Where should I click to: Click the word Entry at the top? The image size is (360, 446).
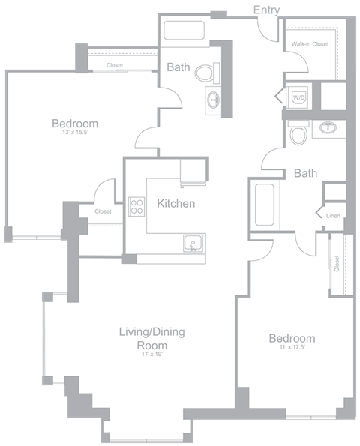tap(267, 10)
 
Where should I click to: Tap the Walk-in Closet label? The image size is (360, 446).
tap(310, 44)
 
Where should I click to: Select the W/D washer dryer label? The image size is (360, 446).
tap(298, 97)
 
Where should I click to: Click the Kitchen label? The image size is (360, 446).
tap(176, 203)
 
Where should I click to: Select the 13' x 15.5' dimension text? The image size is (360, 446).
tap(74, 133)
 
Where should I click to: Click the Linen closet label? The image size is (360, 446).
tap(333, 216)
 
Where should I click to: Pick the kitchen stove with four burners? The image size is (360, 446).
tap(136, 206)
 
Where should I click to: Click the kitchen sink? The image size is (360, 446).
tap(193, 244)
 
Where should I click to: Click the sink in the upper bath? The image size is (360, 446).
tap(213, 98)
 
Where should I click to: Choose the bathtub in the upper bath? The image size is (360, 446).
tap(184, 31)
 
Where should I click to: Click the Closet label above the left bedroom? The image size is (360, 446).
tap(115, 66)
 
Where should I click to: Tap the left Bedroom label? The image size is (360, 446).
tap(74, 124)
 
